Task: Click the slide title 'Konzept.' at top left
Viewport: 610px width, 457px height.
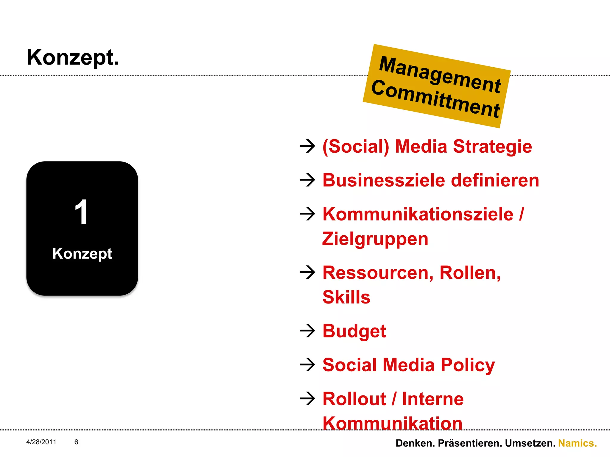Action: coord(73,57)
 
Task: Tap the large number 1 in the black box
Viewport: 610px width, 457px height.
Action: coord(81,212)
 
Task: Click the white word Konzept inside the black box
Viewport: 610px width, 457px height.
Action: coord(82,254)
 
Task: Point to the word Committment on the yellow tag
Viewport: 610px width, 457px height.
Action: coord(435,99)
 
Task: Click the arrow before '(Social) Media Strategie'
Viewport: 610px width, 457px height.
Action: coord(307,146)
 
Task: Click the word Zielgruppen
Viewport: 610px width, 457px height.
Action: coord(375,239)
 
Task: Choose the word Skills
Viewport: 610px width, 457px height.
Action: coord(346,297)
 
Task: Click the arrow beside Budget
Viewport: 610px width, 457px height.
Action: coord(307,331)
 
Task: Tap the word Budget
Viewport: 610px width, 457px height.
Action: coord(354,331)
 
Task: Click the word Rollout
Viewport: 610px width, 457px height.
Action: coord(354,399)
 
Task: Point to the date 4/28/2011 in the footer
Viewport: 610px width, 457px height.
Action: coord(41,442)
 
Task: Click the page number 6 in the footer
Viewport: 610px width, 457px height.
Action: coord(76,442)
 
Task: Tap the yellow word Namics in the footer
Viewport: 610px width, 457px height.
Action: coord(577,443)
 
